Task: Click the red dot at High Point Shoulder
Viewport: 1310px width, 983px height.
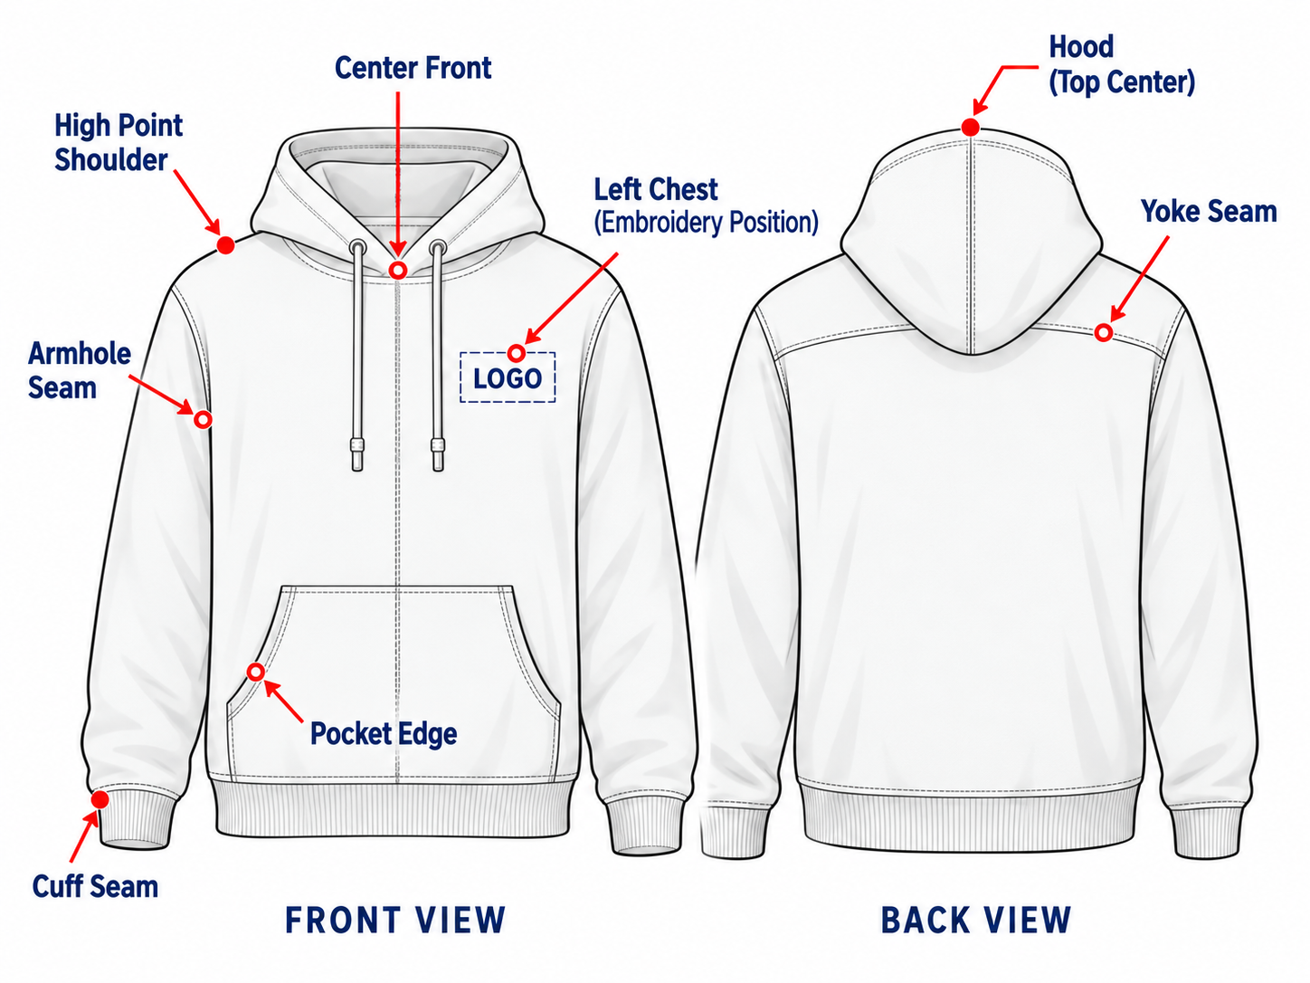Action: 225,244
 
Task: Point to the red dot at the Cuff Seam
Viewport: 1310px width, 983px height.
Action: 100,799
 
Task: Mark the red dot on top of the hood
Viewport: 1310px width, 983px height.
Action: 971,127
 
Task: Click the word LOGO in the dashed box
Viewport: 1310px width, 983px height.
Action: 508,378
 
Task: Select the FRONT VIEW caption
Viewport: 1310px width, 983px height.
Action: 395,920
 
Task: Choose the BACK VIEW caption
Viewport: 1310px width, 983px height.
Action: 976,920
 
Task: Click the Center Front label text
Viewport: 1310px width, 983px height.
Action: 413,68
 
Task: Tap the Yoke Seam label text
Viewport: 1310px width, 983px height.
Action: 1209,211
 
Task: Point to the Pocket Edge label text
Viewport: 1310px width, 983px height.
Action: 384,733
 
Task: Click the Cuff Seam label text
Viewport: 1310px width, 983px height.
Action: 96,886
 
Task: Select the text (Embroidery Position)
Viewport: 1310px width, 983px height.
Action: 706,222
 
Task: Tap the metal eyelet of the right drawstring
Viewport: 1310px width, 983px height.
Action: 438,247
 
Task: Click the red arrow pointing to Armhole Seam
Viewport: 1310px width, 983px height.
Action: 161,395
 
